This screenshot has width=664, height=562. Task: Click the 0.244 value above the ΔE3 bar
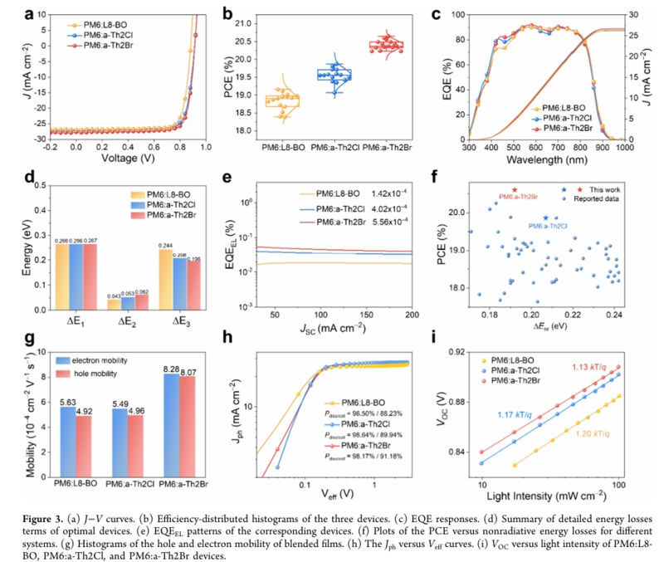click(x=166, y=245)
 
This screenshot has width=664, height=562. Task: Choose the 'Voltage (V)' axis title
click(x=128, y=158)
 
